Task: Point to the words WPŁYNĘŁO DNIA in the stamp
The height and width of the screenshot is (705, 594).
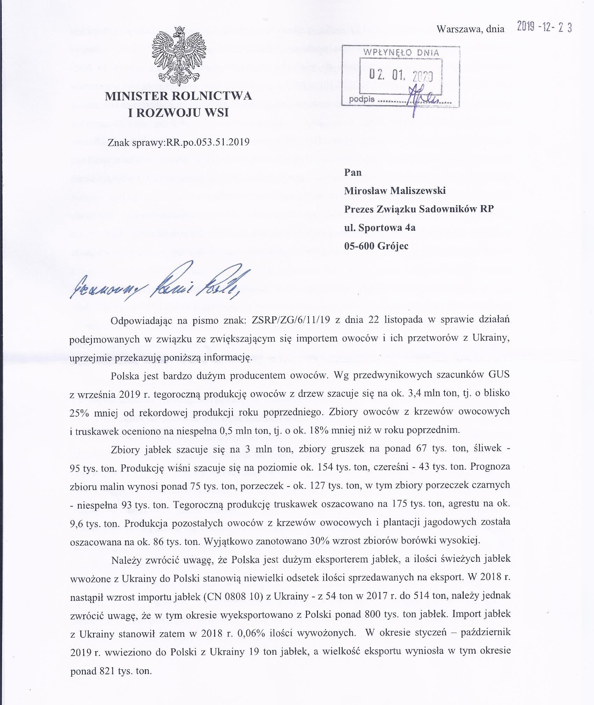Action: pyautogui.click(x=401, y=53)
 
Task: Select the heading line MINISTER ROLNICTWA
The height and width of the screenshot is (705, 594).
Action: pyautogui.click(x=179, y=95)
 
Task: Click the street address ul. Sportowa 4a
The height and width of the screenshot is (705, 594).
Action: pyautogui.click(x=380, y=228)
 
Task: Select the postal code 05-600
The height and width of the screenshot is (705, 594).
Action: pyautogui.click(x=360, y=246)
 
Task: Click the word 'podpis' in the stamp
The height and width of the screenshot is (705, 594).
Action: pyautogui.click(x=362, y=99)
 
